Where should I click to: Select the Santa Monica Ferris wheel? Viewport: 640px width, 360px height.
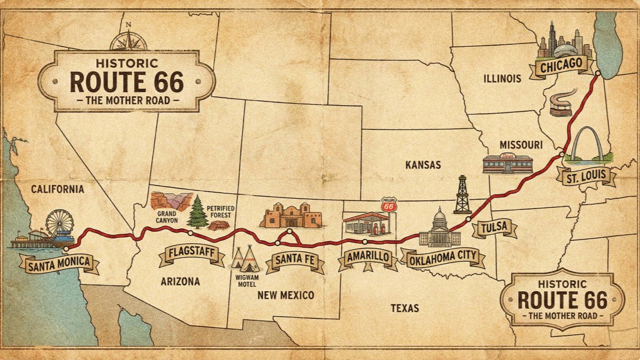59,223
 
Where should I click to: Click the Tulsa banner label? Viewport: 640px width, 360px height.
494,227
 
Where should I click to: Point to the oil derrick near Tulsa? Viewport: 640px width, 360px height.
462,195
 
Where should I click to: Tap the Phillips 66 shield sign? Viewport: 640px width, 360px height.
389,206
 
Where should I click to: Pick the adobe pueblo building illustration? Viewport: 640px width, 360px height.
290,216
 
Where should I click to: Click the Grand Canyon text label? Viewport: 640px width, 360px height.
167,216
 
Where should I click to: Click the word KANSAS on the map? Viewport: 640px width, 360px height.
422,165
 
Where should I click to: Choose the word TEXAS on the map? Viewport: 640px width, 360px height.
405,308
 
